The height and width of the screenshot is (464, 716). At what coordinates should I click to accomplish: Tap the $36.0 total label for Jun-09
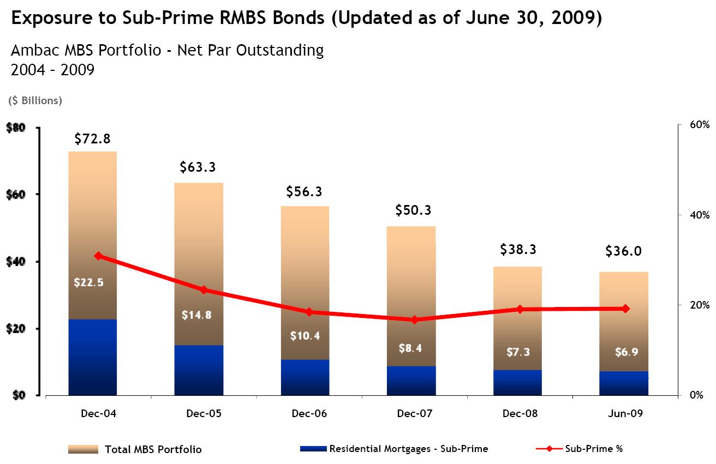click(623, 251)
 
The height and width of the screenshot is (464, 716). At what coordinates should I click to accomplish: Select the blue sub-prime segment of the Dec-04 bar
click(92, 357)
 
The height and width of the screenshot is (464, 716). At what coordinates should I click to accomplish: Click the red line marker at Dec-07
click(414, 320)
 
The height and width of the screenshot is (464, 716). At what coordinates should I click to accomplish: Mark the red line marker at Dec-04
click(98, 256)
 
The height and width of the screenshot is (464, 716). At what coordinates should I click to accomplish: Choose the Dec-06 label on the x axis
click(309, 414)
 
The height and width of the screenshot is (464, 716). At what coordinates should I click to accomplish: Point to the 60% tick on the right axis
click(699, 125)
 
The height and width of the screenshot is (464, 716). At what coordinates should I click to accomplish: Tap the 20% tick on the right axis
click(699, 305)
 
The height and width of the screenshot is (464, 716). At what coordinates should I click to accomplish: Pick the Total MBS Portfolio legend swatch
click(83, 449)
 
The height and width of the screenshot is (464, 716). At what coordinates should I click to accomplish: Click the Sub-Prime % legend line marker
click(548, 449)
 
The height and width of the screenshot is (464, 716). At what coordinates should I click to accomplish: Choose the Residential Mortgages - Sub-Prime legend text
click(408, 449)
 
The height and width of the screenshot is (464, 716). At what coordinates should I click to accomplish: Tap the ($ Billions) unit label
click(35, 100)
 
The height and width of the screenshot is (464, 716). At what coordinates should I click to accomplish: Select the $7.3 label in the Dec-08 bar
click(518, 352)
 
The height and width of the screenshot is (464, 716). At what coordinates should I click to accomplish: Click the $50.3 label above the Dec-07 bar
click(414, 210)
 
